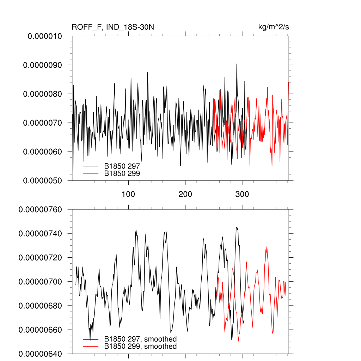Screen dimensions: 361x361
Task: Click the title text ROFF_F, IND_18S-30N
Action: coord(113,27)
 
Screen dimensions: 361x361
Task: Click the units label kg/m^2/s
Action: coord(274,27)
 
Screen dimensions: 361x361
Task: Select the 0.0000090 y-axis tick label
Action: coord(42,65)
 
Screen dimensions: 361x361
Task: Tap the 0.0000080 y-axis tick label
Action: coord(42,94)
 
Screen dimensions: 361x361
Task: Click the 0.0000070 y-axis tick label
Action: coord(42,123)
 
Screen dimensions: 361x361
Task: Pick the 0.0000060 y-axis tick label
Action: coord(42,152)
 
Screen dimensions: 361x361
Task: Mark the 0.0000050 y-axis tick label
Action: coord(42,180)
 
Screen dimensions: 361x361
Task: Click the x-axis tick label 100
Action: coord(129,194)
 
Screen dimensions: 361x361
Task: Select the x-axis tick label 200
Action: coord(185,194)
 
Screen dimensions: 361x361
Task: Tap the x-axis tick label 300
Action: coord(242,194)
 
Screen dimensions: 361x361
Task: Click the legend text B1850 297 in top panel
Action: coord(122,165)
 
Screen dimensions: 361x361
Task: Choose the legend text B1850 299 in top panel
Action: coord(122,173)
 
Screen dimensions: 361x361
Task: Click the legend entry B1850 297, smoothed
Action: coord(140,339)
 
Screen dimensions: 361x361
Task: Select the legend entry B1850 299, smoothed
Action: coord(140,347)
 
